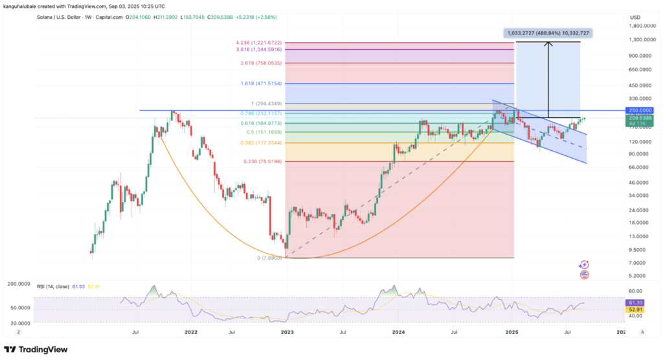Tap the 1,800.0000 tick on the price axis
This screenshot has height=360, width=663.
(x=638, y=26)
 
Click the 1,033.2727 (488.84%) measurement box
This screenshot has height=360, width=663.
(x=547, y=32)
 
